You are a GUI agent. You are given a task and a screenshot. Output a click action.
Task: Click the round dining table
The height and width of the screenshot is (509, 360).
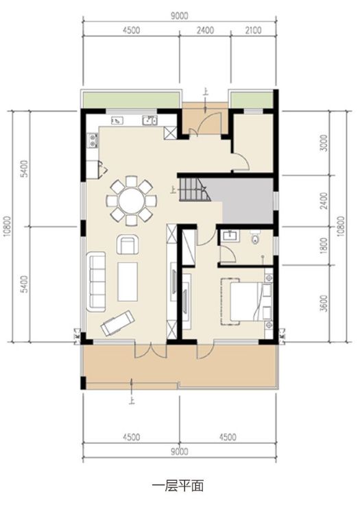tap(132, 201)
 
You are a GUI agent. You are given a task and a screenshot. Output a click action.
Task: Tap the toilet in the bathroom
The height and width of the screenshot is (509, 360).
tap(256, 237)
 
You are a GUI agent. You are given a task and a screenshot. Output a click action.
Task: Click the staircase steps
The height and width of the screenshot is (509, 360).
tap(193, 189)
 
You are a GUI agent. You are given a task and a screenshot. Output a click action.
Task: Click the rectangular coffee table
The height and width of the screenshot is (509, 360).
tap(128, 282)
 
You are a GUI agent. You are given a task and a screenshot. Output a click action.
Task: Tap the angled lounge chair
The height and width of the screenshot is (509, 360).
tap(118, 323)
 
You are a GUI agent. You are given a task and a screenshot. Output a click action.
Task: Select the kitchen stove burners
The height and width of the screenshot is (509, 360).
tap(93, 140)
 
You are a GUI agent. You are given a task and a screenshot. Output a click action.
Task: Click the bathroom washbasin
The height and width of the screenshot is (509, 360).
tap(230, 236)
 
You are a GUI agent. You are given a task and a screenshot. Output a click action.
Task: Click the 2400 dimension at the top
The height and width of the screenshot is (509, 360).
tap(205, 30)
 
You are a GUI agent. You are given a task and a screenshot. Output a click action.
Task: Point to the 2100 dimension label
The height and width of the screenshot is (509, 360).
tap(253, 30)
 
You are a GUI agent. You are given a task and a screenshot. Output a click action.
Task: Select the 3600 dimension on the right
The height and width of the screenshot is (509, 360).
tap(324, 303)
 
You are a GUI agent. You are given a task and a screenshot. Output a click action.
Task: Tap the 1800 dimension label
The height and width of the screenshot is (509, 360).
tap(324, 246)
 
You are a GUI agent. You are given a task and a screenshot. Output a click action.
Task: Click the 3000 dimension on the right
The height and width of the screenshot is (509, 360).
tap(324, 142)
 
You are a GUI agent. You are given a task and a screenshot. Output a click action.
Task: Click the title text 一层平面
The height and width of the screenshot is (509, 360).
tap(178, 486)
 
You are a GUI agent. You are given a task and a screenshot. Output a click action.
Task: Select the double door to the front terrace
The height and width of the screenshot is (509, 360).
tap(150, 350)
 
